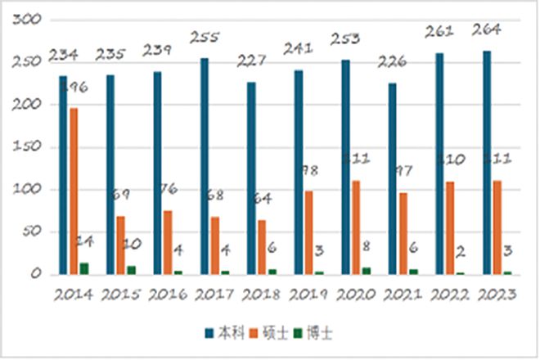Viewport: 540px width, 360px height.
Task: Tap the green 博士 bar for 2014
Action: (x=85, y=268)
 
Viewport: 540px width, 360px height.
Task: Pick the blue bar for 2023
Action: (x=487, y=163)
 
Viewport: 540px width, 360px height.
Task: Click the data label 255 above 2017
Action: (x=205, y=37)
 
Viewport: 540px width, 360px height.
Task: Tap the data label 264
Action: (x=488, y=31)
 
